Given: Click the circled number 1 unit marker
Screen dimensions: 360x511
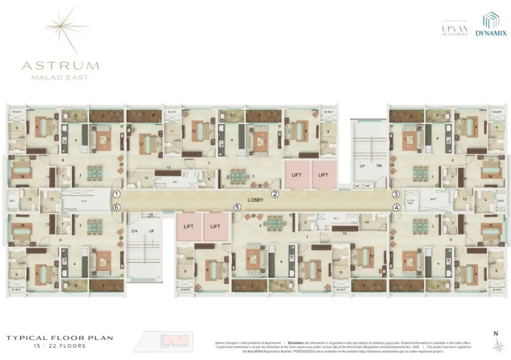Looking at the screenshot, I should click(117, 194).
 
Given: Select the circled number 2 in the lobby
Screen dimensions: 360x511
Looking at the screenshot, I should click(274, 194).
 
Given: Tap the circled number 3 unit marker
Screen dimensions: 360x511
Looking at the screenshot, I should click(395, 194).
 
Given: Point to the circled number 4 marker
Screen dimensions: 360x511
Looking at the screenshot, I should click(395, 207).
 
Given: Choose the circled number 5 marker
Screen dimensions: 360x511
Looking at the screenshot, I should click(237, 207).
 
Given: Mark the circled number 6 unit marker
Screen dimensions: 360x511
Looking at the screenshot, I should click(117, 207).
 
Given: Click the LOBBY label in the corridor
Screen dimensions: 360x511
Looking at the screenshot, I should click(255, 200).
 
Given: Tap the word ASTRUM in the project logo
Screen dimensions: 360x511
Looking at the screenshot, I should click(60, 66).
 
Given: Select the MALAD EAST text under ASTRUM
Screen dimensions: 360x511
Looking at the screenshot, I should click(60, 77).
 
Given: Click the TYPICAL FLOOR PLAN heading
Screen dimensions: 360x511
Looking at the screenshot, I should click(59, 338).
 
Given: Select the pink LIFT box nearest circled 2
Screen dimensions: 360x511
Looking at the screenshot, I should click(297, 175).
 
